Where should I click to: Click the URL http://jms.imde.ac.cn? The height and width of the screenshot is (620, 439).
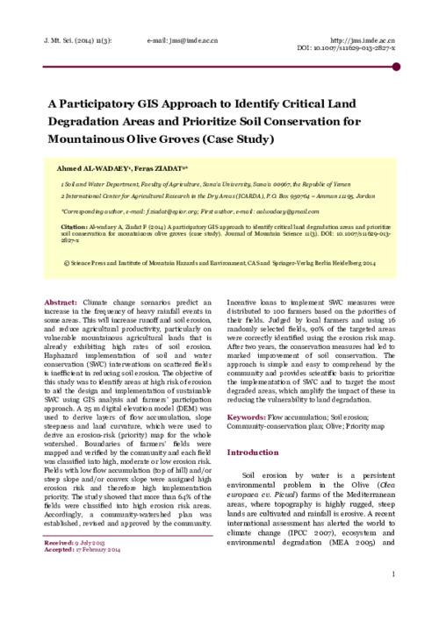point(362,40)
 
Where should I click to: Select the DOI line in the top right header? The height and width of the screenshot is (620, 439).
point(356,49)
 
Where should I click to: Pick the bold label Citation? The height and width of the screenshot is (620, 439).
point(73,224)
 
